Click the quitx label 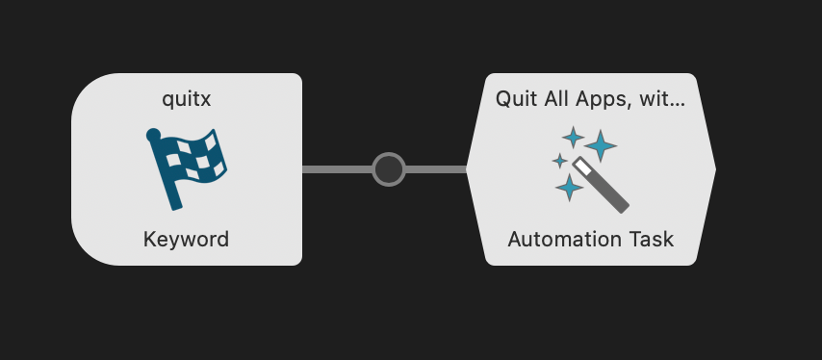tap(186, 98)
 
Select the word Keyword tap(186, 239)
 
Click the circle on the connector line tap(389, 169)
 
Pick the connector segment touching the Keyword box tap(337, 169)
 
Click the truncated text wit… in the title tap(664, 98)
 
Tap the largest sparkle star tap(601, 145)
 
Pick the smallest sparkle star tap(559, 161)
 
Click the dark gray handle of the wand tap(611, 193)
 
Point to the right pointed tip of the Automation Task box tap(713, 169)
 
